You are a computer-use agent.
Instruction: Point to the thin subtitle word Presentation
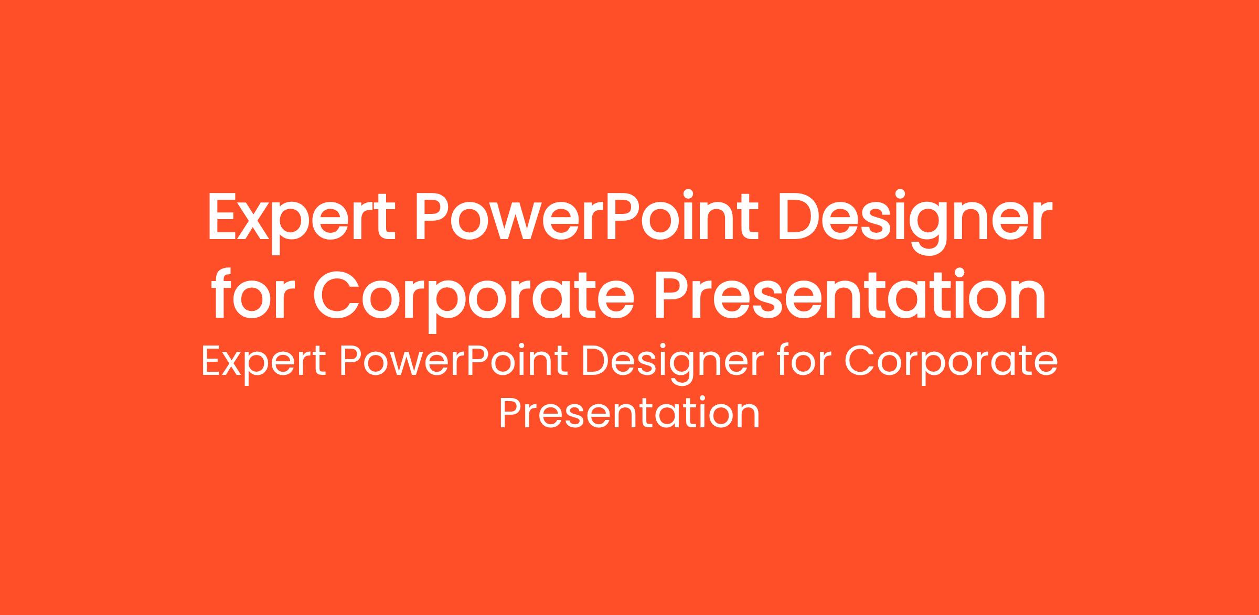coord(629,413)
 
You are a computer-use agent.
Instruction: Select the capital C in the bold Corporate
coord(337,294)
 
